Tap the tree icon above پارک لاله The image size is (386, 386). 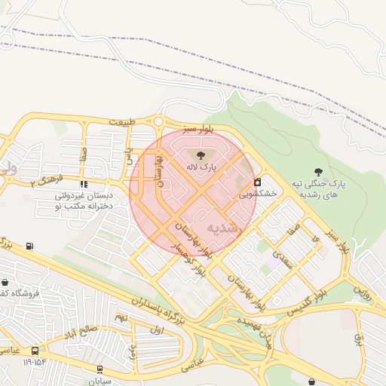[199, 155]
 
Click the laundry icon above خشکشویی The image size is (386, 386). [258, 182]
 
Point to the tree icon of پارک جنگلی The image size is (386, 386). [318, 172]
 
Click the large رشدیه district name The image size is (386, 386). [222, 227]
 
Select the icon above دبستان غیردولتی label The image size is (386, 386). [84, 183]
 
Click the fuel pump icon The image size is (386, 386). [29, 246]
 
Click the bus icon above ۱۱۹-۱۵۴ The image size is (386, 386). [35, 351]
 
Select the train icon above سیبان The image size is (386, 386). [100, 369]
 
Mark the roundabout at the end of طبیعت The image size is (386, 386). [158, 121]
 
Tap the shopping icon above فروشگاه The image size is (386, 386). [5, 282]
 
